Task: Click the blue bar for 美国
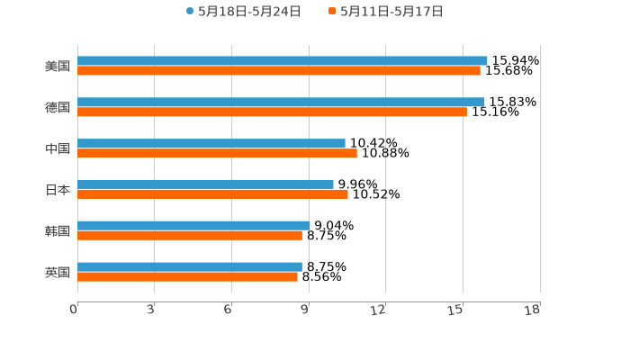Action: tap(283, 61)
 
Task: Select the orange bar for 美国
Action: tap(279, 71)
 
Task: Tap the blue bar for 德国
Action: tap(281, 103)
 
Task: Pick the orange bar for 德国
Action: tap(272, 112)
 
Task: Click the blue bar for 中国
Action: tap(211, 144)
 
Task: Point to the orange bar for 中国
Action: tap(217, 154)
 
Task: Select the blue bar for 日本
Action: tap(205, 184)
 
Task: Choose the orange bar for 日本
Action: tap(212, 194)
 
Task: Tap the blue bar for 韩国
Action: tap(193, 226)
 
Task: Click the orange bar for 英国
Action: tap(187, 277)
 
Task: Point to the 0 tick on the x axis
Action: tap(75, 310)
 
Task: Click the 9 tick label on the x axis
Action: tap(306, 310)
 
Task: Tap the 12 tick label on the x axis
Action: tap(381, 310)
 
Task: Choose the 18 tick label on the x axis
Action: tap(534, 310)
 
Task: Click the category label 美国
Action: tap(58, 67)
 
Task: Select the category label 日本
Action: tap(58, 190)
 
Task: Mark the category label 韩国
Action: tap(58, 231)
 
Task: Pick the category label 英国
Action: tap(58, 273)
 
